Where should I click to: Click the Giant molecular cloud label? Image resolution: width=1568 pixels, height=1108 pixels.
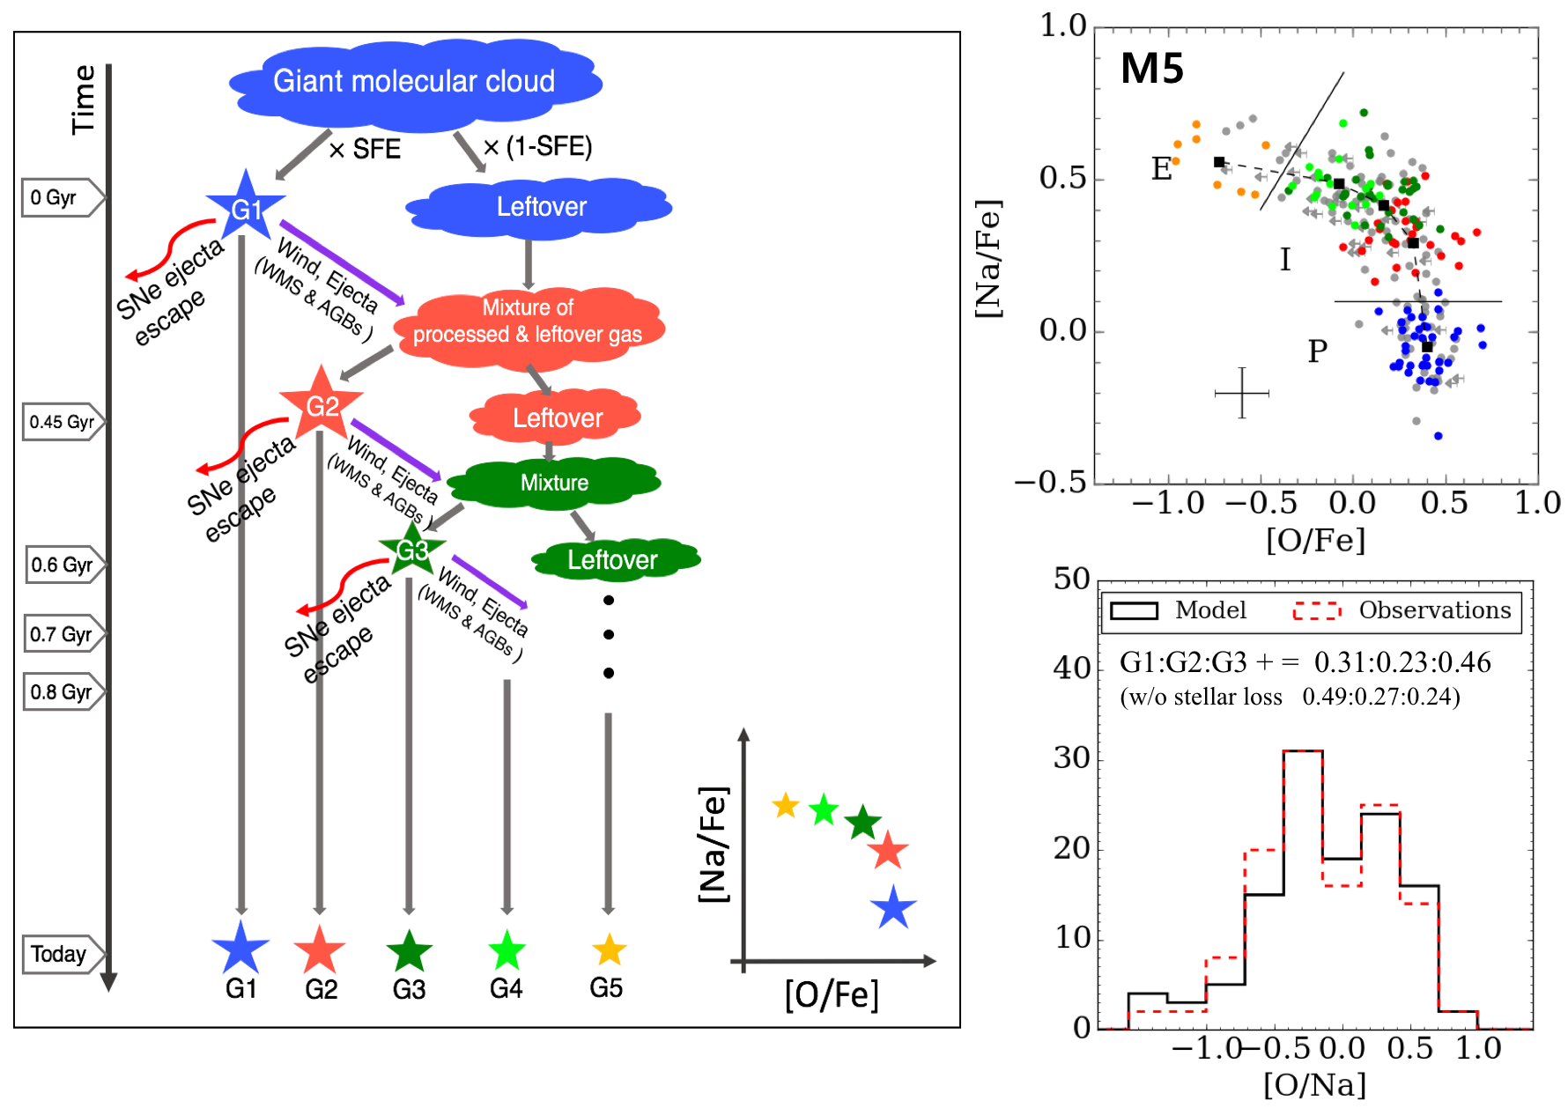pos(414,82)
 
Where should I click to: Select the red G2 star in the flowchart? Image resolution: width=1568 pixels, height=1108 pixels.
pos(322,404)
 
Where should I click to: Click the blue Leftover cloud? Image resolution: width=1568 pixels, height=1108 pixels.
pos(540,207)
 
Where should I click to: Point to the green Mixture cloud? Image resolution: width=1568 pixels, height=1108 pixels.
pos(554,482)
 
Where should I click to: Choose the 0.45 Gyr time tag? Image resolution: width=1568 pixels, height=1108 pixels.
pos(62,422)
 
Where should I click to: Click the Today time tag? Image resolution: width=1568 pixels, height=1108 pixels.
pos(60,954)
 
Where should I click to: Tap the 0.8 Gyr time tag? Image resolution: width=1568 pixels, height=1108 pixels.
pos(62,692)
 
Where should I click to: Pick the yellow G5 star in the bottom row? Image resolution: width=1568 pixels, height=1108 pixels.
pos(609,949)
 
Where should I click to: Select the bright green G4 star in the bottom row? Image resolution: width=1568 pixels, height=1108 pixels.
pos(507,950)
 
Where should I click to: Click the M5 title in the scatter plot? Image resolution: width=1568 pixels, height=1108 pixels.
pos(1151,69)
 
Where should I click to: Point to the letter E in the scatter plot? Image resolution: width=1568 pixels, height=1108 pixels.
pos(1162,168)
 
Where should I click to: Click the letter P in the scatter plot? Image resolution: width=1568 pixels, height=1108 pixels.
pos(1317,351)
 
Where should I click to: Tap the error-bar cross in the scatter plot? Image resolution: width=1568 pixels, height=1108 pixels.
pos(1241,393)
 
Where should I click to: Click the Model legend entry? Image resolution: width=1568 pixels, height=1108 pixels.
pos(1179,610)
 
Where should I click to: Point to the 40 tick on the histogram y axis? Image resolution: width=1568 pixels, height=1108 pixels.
pos(1072,668)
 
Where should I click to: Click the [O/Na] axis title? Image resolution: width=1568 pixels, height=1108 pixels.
pos(1314,1084)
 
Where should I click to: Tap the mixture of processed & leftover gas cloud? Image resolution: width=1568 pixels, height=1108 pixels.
pos(528,321)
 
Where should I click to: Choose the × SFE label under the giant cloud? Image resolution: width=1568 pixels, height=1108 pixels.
pos(365,149)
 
